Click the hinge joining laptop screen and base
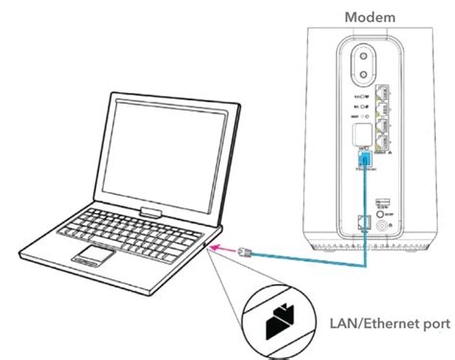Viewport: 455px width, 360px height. click(x=148, y=208)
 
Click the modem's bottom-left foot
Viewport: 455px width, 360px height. click(x=322, y=251)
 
